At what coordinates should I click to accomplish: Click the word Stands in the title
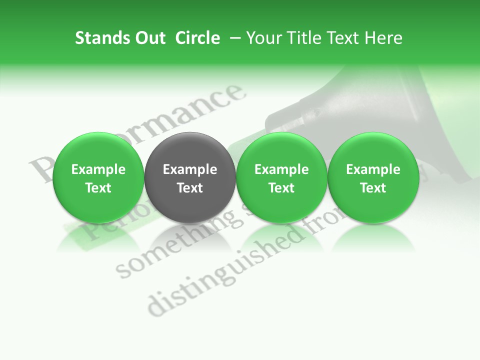[x=98, y=38]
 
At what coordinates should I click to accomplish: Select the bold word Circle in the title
[x=197, y=38]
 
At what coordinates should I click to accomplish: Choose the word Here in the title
[x=383, y=38]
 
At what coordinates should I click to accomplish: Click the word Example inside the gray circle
[x=190, y=169]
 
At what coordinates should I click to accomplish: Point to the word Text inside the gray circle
[x=190, y=188]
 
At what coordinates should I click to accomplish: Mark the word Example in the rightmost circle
[x=373, y=169]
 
